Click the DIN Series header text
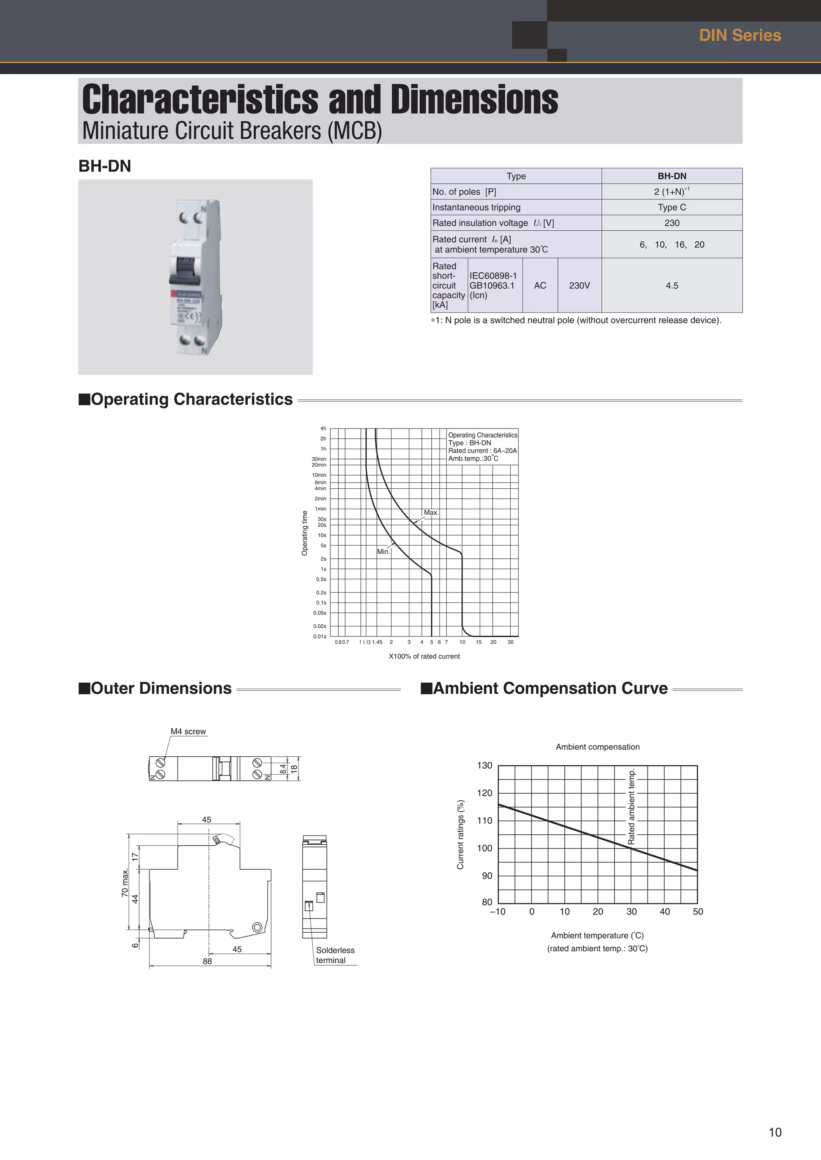(x=740, y=35)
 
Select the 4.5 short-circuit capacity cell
(x=671, y=286)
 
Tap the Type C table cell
(x=671, y=207)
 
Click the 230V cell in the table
(x=579, y=286)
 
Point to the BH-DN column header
(x=671, y=176)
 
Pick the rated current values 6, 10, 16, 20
(x=671, y=244)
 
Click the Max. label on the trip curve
(x=431, y=512)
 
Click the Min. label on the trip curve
(x=383, y=552)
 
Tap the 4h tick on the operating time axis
(x=323, y=429)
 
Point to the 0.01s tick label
(x=320, y=636)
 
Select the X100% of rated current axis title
(x=424, y=656)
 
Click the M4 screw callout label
(x=188, y=731)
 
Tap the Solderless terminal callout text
(x=335, y=955)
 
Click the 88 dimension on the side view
(x=207, y=961)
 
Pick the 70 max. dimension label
(x=125, y=883)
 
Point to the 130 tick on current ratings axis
(x=484, y=765)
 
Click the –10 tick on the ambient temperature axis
(x=497, y=911)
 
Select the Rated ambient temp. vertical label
(x=631, y=807)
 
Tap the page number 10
(x=774, y=1132)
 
